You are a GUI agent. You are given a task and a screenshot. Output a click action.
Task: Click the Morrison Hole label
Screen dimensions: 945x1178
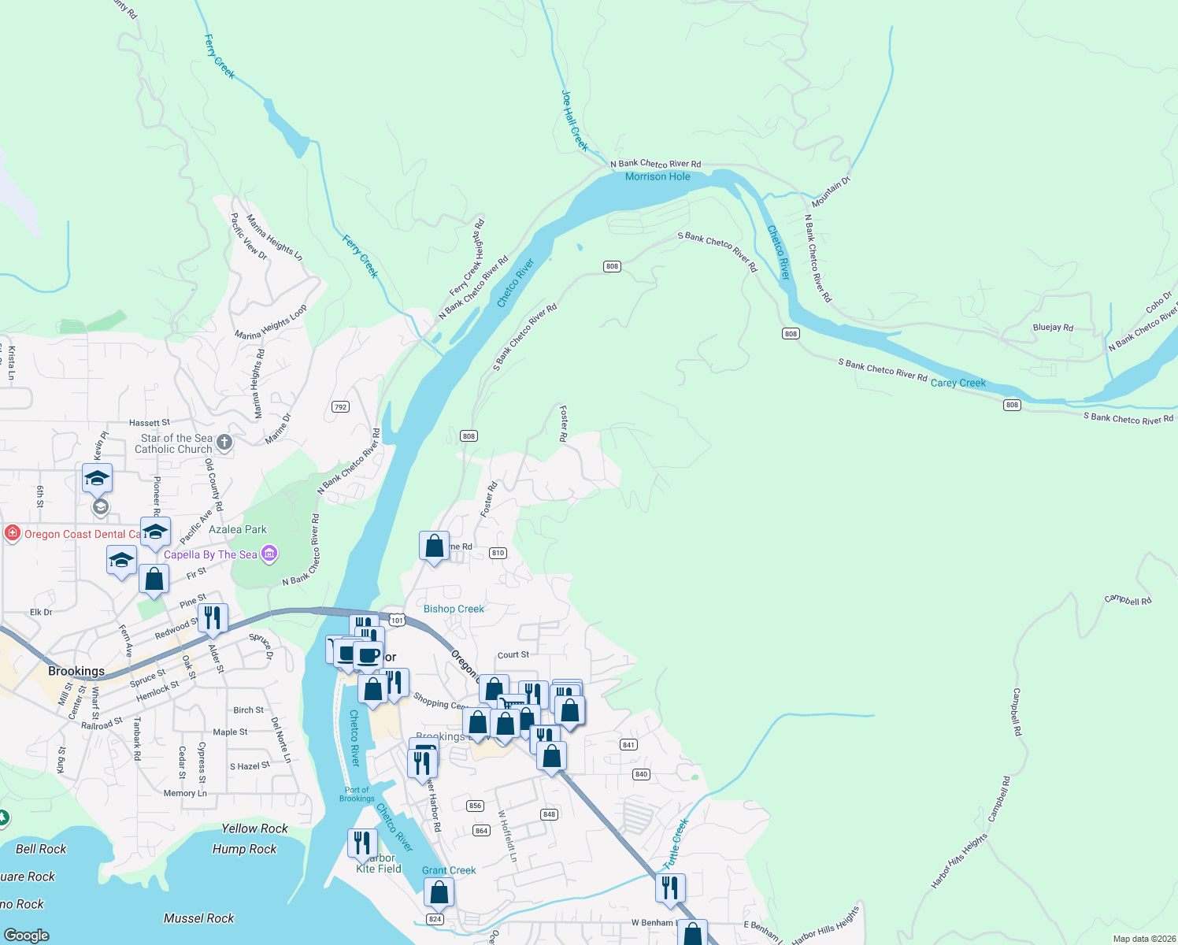point(658,176)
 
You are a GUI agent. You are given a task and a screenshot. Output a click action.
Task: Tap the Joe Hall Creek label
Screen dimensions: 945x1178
point(574,120)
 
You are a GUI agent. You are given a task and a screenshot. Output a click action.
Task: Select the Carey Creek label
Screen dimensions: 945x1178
point(958,383)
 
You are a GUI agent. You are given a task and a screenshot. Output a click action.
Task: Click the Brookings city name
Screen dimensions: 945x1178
point(76,671)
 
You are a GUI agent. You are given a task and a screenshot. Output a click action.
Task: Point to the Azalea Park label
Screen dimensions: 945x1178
point(238,529)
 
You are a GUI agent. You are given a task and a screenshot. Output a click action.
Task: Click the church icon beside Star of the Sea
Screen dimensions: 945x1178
point(224,443)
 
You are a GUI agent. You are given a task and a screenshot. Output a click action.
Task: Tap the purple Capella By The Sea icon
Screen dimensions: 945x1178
point(269,554)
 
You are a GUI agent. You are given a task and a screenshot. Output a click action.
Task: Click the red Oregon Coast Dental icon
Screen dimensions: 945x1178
point(12,534)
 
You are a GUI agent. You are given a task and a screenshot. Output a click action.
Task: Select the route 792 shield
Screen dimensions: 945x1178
point(340,407)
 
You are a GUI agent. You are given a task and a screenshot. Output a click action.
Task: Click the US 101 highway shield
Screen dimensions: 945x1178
point(397,621)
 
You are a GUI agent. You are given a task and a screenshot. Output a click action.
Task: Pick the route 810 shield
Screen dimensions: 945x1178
point(498,553)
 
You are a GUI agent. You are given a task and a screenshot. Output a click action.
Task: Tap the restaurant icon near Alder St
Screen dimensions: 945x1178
point(213,617)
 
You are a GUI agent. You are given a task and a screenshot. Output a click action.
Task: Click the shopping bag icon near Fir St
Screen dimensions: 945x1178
point(154,579)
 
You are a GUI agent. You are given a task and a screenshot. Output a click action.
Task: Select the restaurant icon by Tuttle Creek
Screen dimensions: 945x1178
point(670,888)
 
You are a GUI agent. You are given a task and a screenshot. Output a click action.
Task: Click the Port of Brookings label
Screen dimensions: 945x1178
point(357,794)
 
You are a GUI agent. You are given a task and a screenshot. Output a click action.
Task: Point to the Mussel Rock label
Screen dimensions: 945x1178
point(198,918)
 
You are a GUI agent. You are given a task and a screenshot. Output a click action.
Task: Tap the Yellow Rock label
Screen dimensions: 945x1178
point(254,828)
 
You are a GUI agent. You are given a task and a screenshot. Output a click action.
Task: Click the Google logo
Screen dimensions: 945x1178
point(27,935)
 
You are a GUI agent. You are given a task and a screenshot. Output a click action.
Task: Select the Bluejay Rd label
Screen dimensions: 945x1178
point(1053,328)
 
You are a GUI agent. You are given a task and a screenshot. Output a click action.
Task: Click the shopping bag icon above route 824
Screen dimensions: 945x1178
point(439,892)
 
